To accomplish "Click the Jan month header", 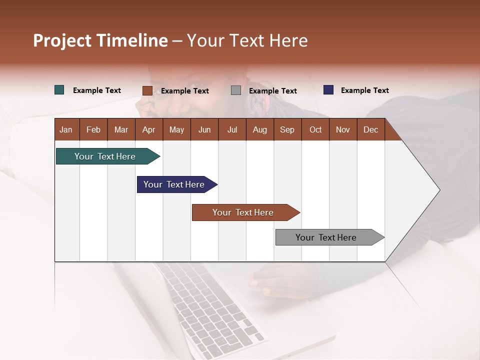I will click(x=66, y=129).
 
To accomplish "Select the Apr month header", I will click(x=148, y=129).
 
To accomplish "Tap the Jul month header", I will click(x=232, y=129).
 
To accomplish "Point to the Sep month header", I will click(x=287, y=129).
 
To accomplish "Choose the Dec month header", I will click(x=370, y=129).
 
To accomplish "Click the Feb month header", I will click(x=93, y=129).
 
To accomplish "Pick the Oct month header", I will click(x=315, y=129).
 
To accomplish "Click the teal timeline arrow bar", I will click(x=105, y=156).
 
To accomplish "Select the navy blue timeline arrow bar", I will click(x=174, y=184).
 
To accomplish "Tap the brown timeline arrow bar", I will click(x=243, y=212).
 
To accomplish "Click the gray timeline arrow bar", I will click(x=326, y=237).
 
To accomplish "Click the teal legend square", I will click(x=59, y=90).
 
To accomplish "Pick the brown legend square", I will click(x=147, y=90).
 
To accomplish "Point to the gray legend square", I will click(x=236, y=90).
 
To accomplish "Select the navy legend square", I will click(x=328, y=90).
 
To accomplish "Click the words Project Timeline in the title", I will click(x=100, y=40).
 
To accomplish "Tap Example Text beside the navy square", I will click(x=364, y=90).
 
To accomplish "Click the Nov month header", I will click(x=343, y=129).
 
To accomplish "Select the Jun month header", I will click(x=204, y=129).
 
